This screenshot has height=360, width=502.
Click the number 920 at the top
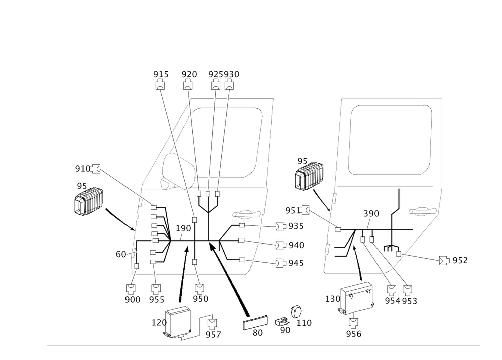pos(189,74)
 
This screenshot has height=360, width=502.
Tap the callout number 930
pos(231,74)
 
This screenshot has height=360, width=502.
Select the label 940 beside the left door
pos(297,245)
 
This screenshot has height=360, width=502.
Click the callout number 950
pos(200,299)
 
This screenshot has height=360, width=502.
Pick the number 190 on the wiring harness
pos(184,229)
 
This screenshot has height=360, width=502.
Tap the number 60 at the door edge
pos(121,255)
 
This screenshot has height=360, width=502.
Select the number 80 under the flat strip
pos(258,332)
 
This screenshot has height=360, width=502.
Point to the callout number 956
pos(354,333)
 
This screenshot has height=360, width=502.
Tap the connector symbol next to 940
pos(281,245)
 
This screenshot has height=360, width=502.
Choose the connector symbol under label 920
pos(188,86)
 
